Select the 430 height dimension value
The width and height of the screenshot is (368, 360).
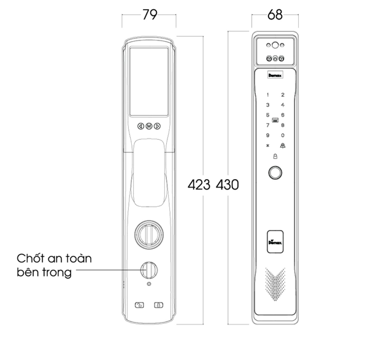point(226,183)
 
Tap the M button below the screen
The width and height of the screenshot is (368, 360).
point(149,126)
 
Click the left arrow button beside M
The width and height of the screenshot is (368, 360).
point(140,126)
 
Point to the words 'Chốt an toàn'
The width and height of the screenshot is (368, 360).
point(54,258)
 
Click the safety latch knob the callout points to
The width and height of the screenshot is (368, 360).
point(148,269)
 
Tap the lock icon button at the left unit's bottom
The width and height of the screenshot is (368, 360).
point(158,304)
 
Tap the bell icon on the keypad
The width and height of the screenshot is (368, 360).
point(283,145)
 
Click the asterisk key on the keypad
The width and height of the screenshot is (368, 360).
point(267,145)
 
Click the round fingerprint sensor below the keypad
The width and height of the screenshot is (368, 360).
point(275,174)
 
